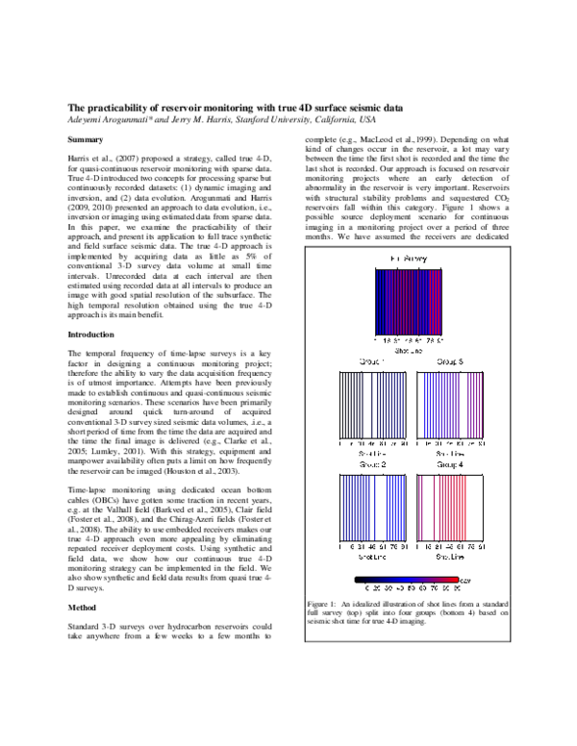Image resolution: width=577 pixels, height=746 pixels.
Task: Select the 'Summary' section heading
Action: (84, 139)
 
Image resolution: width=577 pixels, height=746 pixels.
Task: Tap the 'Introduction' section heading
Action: (90, 334)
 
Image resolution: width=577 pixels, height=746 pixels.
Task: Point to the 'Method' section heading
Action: (81, 609)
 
